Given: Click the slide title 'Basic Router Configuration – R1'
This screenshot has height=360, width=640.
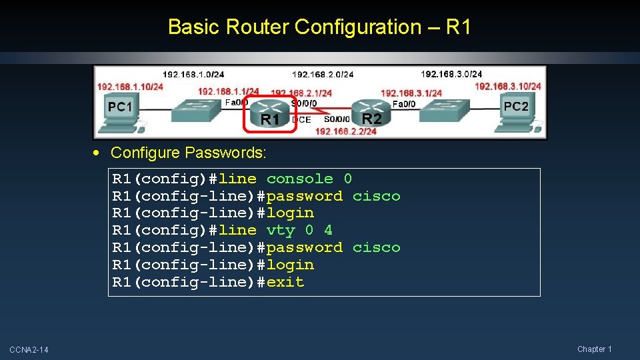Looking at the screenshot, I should click(319, 27).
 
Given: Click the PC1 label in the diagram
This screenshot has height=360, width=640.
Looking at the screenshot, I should click(121, 107).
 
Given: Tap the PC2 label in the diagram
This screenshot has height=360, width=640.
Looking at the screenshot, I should click(515, 106).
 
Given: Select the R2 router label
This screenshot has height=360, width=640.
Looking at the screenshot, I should click(371, 119).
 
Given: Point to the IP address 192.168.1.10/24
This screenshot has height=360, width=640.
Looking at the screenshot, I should click(130, 87).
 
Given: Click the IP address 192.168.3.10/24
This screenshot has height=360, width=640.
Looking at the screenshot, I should click(507, 86).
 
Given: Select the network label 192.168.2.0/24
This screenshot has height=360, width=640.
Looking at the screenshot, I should click(323, 75).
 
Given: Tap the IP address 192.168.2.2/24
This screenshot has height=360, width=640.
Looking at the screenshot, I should click(345, 131).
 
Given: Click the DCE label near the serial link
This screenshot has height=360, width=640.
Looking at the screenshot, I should click(301, 120).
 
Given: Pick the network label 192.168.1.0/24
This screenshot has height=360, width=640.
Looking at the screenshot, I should click(193, 74).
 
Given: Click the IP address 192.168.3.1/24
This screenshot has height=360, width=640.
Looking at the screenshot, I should click(411, 93).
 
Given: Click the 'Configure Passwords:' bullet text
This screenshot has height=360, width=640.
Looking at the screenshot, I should click(188, 153).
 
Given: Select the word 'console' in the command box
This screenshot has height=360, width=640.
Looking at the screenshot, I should click(299, 179).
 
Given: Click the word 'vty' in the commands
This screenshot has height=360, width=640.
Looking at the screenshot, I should click(280, 230).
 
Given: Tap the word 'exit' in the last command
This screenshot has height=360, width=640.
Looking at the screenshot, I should click(285, 282).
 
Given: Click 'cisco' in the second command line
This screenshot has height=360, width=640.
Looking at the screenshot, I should click(376, 196).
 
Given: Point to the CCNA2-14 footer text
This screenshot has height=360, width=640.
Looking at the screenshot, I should click(29, 350).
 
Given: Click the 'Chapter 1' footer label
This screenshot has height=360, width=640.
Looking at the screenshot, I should click(594, 349).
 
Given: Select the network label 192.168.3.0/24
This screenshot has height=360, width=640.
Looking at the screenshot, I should click(451, 74).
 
